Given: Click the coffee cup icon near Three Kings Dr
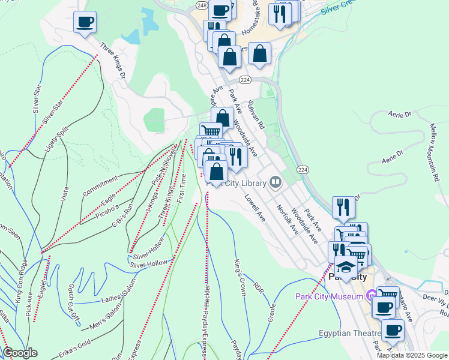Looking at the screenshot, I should pyautogui.click(x=85, y=23).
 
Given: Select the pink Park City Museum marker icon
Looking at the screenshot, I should pyautogui.click(x=371, y=295).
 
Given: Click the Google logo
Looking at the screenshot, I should pyautogui.click(x=20, y=353).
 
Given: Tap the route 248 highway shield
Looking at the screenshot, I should pyautogui.click(x=200, y=5).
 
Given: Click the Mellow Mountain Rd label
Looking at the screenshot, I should pyautogui.click(x=435, y=152).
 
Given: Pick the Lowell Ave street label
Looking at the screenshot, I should pyautogui.click(x=255, y=208).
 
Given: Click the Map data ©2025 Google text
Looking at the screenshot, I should pyautogui.click(x=412, y=355).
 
